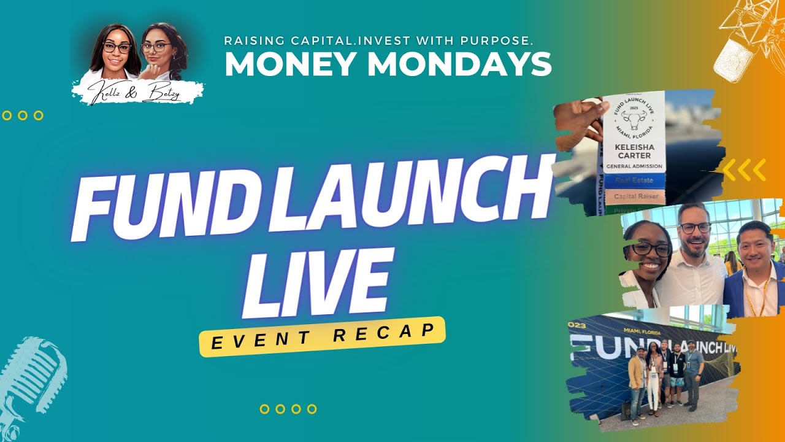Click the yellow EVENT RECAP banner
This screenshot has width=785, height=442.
(x=321, y=336)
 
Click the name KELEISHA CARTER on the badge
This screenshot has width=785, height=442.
(x=634, y=151)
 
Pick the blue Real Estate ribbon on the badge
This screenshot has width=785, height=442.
(x=634, y=180)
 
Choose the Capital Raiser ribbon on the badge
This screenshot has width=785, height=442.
(x=634, y=197)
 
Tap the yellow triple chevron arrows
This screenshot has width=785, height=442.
(x=744, y=170)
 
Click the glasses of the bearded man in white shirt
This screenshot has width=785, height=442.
(x=695, y=228)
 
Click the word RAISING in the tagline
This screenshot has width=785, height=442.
(x=253, y=41)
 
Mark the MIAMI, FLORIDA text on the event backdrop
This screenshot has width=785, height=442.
(x=642, y=333)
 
